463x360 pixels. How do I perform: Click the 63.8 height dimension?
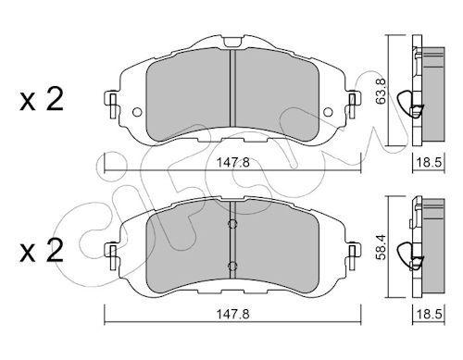(381, 91)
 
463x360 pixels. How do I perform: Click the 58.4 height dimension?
(381, 247)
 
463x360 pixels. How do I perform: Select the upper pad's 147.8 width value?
(232, 162)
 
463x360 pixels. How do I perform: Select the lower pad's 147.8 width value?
(232, 315)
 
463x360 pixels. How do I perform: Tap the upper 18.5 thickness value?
(430, 162)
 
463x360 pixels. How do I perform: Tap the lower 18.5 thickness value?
(430, 315)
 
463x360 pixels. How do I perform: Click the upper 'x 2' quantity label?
(42, 99)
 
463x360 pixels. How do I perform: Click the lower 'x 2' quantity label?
(42, 251)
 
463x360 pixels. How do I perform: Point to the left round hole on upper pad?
(137, 112)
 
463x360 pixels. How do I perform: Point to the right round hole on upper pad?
(328, 112)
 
